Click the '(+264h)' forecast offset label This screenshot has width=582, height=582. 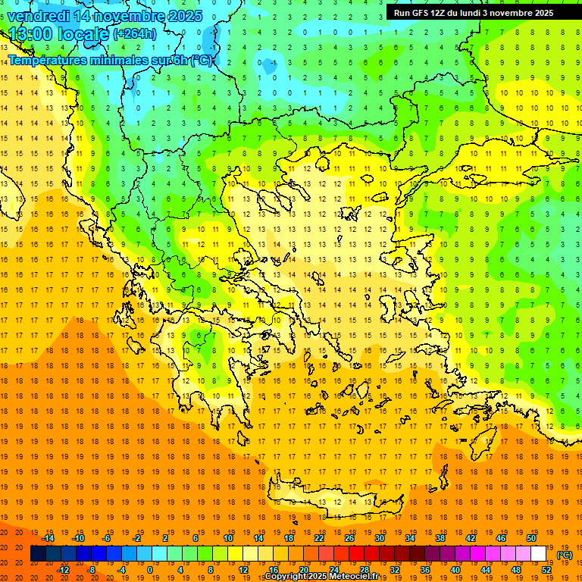tap(134, 33)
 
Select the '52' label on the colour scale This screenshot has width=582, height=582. tap(546, 570)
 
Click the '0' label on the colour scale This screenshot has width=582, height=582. tap(150, 570)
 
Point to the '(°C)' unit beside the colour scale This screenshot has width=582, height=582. tap(565, 555)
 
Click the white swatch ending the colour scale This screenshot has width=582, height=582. tap(538, 554)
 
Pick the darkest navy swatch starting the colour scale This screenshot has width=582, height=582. tap(38, 554)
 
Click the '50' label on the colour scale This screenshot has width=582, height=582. tap(530, 538)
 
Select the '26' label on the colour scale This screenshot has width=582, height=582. tap(349, 538)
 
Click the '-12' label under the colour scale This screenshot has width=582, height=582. tap(64, 570)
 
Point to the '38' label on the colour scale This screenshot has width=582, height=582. tap(440, 538)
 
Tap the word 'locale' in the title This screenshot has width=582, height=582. tap(81, 34)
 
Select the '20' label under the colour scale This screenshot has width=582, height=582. tap(304, 570)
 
